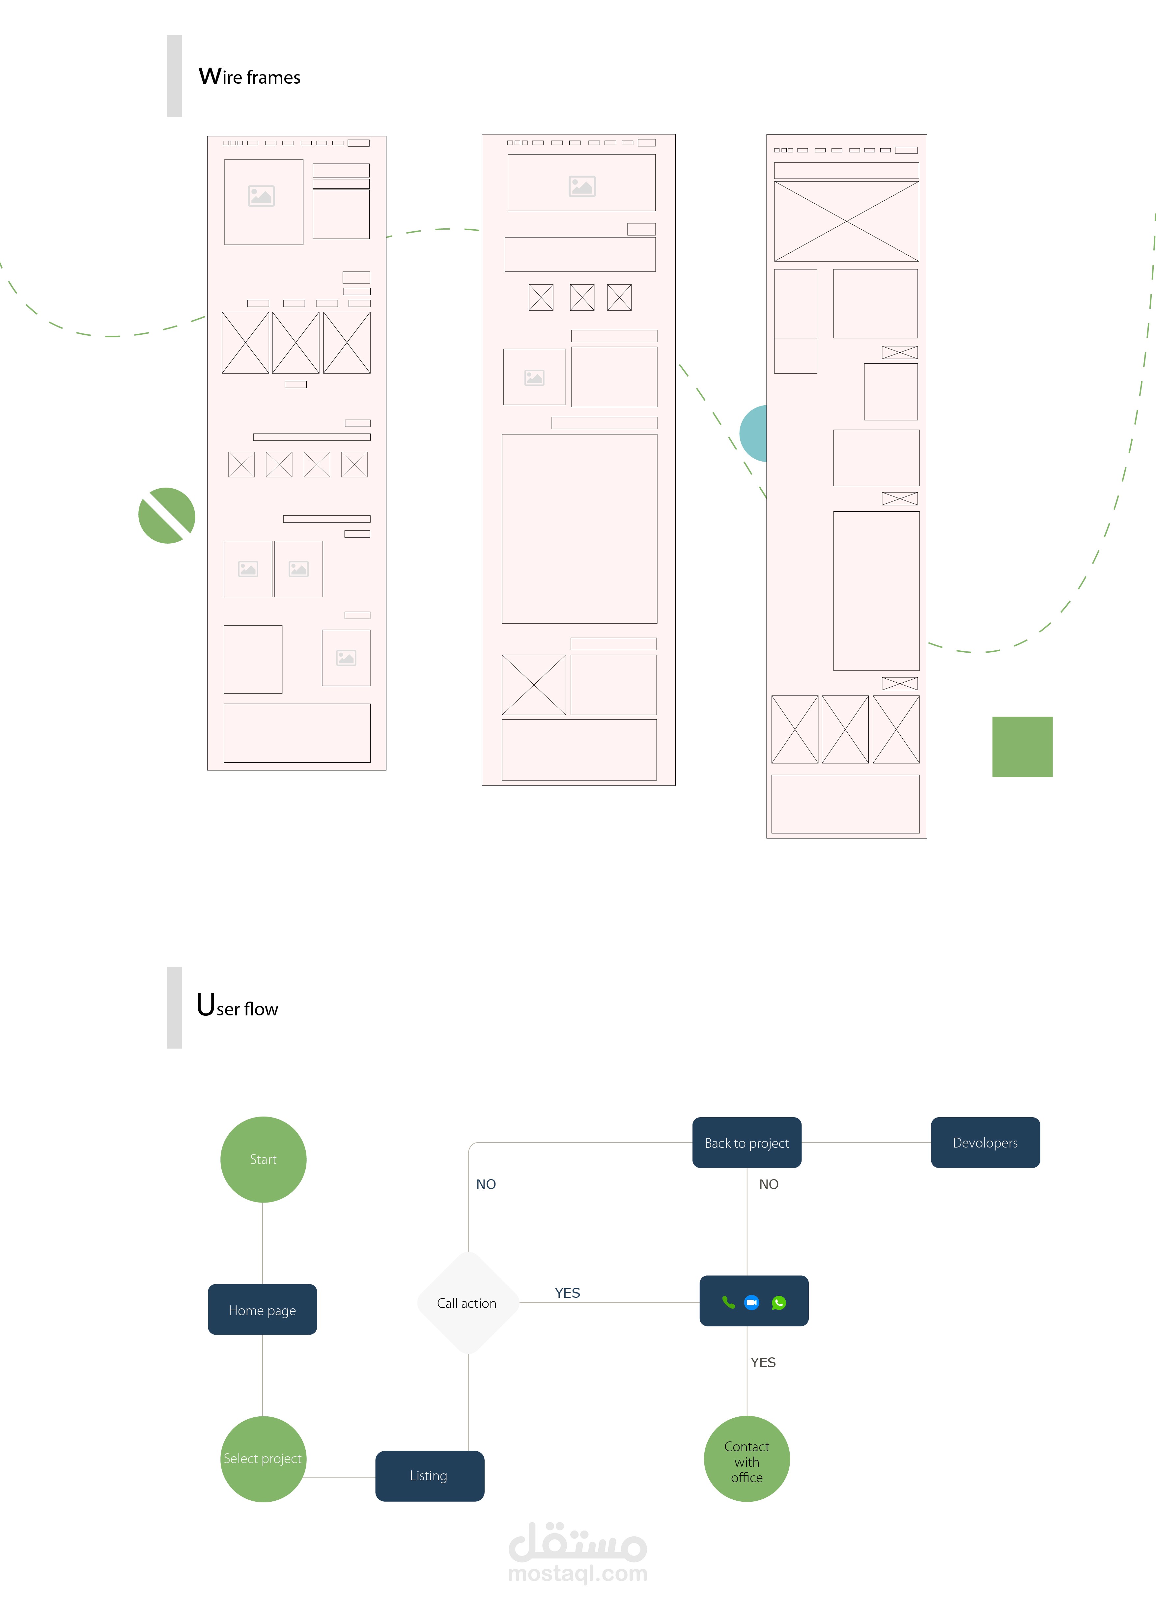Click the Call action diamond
click(x=468, y=1303)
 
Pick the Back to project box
click(x=747, y=1143)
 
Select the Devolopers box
click(x=985, y=1143)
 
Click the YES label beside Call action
click(x=567, y=1293)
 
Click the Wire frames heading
click(x=250, y=76)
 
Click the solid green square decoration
click(x=1022, y=747)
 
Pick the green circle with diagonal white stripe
click(x=167, y=515)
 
